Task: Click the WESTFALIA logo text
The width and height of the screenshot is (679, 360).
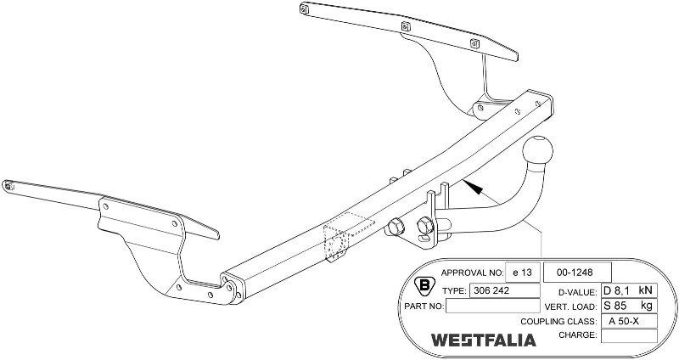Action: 483,340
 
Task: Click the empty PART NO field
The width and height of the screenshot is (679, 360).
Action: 491,306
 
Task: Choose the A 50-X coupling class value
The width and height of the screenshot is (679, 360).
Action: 629,321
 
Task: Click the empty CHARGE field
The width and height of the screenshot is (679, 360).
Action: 629,336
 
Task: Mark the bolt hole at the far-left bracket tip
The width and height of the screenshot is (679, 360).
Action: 8,184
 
